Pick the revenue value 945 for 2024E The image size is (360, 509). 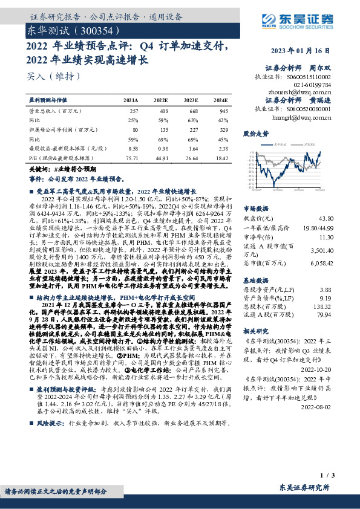click(223, 111)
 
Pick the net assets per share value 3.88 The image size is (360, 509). click(327, 291)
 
